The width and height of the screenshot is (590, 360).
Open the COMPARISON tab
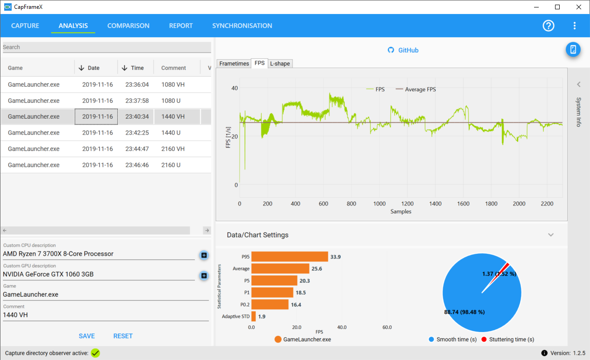tap(128, 26)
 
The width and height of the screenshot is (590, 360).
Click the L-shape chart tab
tap(280, 63)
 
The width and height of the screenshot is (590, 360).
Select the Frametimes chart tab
tap(234, 63)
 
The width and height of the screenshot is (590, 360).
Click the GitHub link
tap(408, 50)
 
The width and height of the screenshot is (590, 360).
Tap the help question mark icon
tap(549, 26)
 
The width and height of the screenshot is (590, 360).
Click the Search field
tap(107, 47)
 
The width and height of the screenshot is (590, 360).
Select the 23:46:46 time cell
tap(137, 165)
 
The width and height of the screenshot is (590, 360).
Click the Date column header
tap(93, 68)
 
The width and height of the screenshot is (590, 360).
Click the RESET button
tap(123, 336)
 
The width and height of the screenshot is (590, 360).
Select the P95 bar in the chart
tap(289, 257)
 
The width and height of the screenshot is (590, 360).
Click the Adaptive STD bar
tap(254, 317)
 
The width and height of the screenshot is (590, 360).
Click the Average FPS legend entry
tap(416, 89)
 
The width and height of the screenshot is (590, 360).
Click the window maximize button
tap(557, 7)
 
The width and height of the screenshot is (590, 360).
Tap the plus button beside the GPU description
tap(204, 276)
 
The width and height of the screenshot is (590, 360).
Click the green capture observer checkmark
tap(95, 353)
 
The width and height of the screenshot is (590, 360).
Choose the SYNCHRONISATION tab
tap(242, 26)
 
